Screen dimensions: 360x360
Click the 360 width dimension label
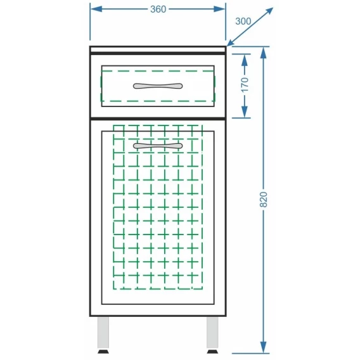(x=158, y=9)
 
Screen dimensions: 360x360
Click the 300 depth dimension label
(x=243, y=22)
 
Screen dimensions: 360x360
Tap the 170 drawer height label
(x=245, y=85)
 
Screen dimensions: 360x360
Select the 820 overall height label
(x=264, y=199)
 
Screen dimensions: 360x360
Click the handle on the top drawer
(x=158, y=86)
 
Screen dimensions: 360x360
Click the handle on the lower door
(x=158, y=146)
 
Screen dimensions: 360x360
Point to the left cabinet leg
(x=103, y=332)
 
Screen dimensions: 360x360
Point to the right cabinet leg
(x=212, y=332)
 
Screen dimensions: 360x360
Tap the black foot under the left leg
(x=103, y=352)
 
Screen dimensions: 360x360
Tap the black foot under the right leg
(x=212, y=352)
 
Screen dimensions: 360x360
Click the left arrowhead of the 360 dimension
(x=96, y=9)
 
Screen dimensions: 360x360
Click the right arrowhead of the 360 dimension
(x=219, y=9)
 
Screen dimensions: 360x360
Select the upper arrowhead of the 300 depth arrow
(x=269, y=11)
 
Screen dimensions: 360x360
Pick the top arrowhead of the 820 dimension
(x=264, y=53)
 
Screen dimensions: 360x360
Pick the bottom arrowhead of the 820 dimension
(x=264, y=347)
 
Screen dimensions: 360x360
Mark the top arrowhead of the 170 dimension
(x=245, y=60)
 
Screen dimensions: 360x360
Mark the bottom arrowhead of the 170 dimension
(x=245, y=112)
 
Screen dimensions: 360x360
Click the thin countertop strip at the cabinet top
(x=158, y=49)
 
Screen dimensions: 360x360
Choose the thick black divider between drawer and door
(x=158, y=119)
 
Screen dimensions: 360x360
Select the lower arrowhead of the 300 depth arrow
(x=231, y=42)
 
